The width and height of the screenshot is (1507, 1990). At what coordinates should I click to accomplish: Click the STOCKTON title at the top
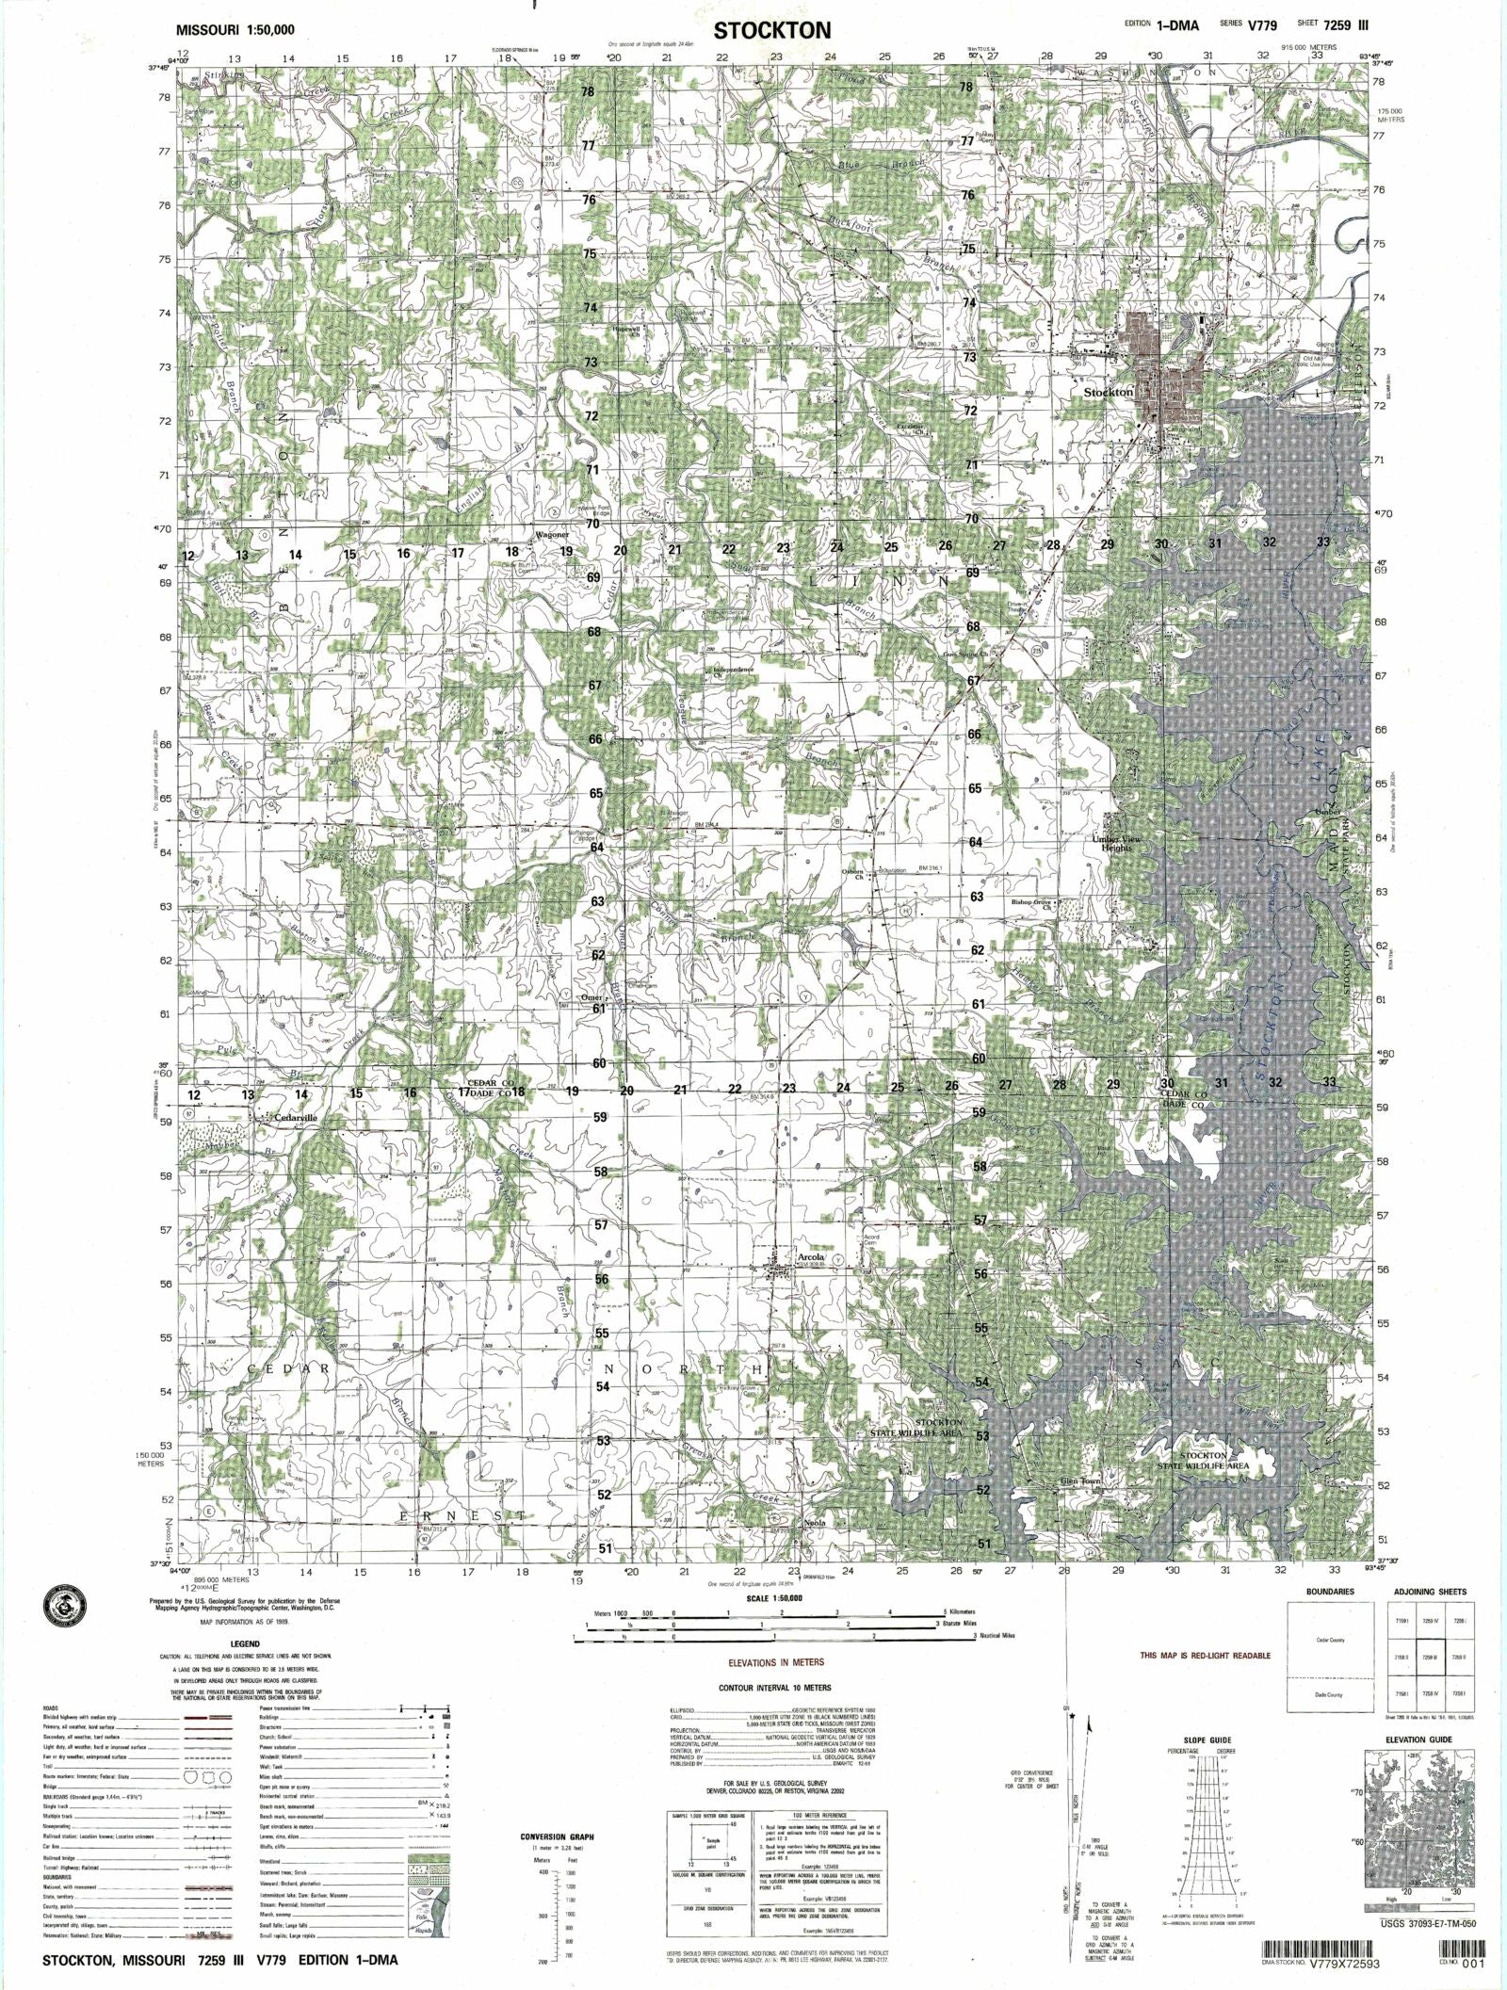click(771, 30)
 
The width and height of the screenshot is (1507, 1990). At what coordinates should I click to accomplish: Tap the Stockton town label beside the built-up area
click(1109, 392)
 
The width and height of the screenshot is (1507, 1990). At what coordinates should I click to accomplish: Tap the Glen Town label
click(1079, 1481)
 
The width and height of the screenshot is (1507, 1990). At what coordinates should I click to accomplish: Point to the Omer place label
click(591, 997)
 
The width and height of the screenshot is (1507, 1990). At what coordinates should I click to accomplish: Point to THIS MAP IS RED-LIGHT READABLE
click(1205, 1656)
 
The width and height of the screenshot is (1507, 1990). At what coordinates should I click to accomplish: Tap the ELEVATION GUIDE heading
click(1418, 1739)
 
